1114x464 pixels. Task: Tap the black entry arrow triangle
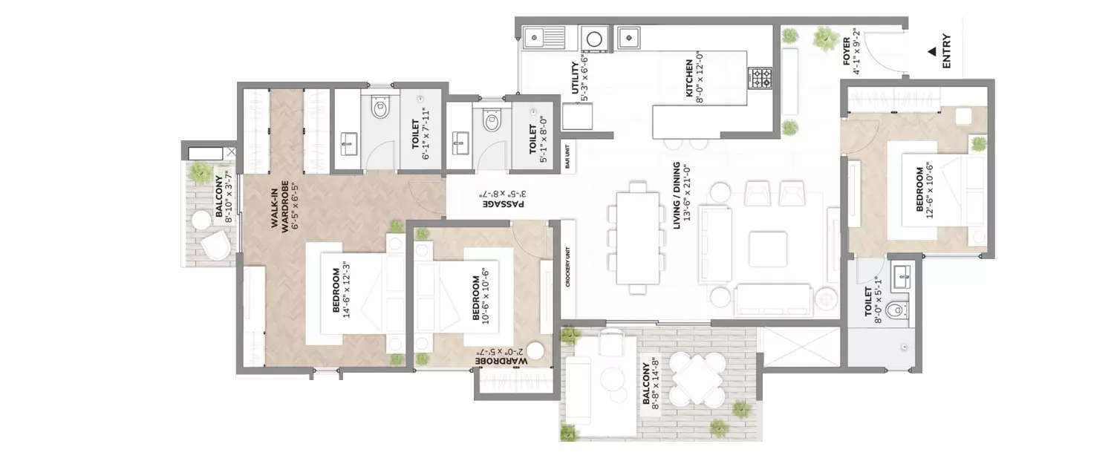(931, 52)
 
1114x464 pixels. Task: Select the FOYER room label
(851, 52)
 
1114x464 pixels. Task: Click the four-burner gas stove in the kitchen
(760, 78)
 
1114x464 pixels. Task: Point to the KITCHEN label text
(694, 79)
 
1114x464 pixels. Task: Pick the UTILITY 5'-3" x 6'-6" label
(579, 80)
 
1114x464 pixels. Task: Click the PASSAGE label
(504, 198)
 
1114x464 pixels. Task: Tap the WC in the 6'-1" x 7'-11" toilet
(380, 110)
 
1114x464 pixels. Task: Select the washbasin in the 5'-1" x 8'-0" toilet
(460, 140)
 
